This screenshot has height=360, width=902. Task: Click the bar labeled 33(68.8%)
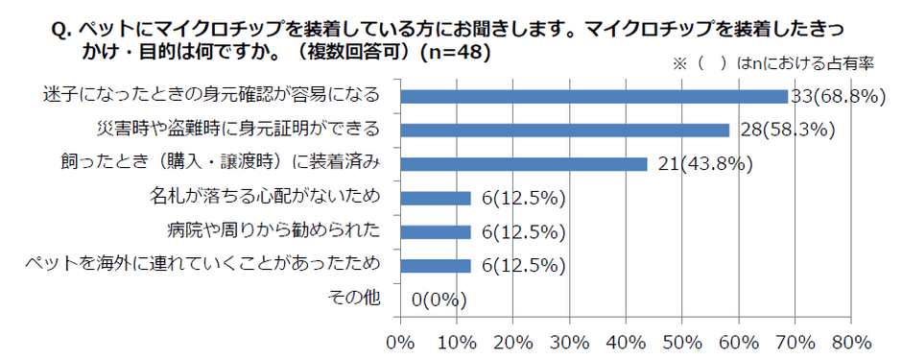[x=593, y=96]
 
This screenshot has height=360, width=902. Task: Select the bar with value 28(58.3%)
[x=564, y=130]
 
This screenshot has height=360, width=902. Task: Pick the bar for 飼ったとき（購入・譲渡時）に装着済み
[x=523, y=164]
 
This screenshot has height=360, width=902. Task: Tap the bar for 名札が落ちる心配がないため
[x=435, y=198]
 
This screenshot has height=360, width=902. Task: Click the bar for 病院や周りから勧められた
[x=435, y=231]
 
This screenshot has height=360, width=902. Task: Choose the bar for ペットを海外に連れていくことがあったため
[x=435, y=265]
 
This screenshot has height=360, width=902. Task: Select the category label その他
[x=356, y=299]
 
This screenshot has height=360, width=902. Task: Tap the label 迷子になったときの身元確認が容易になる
[x=212, y=96]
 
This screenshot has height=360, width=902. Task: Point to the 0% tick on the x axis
[x=399, y=341]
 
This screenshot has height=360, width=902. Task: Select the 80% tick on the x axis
[x=851, y=341]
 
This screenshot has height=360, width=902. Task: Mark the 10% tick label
[x=456, y=341]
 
